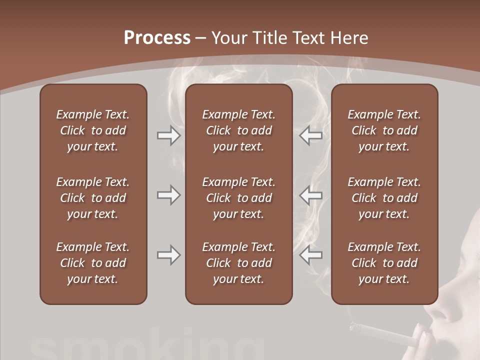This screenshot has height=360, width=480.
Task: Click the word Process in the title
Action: click(157, 38)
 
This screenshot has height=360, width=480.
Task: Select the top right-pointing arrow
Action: click(168, 135)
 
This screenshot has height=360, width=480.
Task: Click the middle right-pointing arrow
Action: click(168, 195)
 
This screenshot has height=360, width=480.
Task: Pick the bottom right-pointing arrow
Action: click(168, 255)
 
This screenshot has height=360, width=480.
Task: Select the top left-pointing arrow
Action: click(310, 135)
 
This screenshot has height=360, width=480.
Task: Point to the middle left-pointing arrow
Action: click(310, 195)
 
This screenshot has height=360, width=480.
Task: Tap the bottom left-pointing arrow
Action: click(310, 255)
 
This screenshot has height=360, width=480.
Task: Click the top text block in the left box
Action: click(93, 130)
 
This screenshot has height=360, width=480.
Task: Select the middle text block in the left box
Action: click(93, 198)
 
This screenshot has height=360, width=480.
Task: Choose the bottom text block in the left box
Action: click(93, 263)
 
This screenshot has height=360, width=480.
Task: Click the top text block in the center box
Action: click(238, 130)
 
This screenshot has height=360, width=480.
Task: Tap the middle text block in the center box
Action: click(238, 198)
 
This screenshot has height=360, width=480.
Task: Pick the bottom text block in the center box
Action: click(238, 263)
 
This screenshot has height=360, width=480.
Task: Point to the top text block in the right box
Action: click(384, 130)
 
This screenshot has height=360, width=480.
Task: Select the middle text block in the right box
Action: click(384, 198)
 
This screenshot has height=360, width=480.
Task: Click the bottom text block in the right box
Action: click(384, 263)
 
